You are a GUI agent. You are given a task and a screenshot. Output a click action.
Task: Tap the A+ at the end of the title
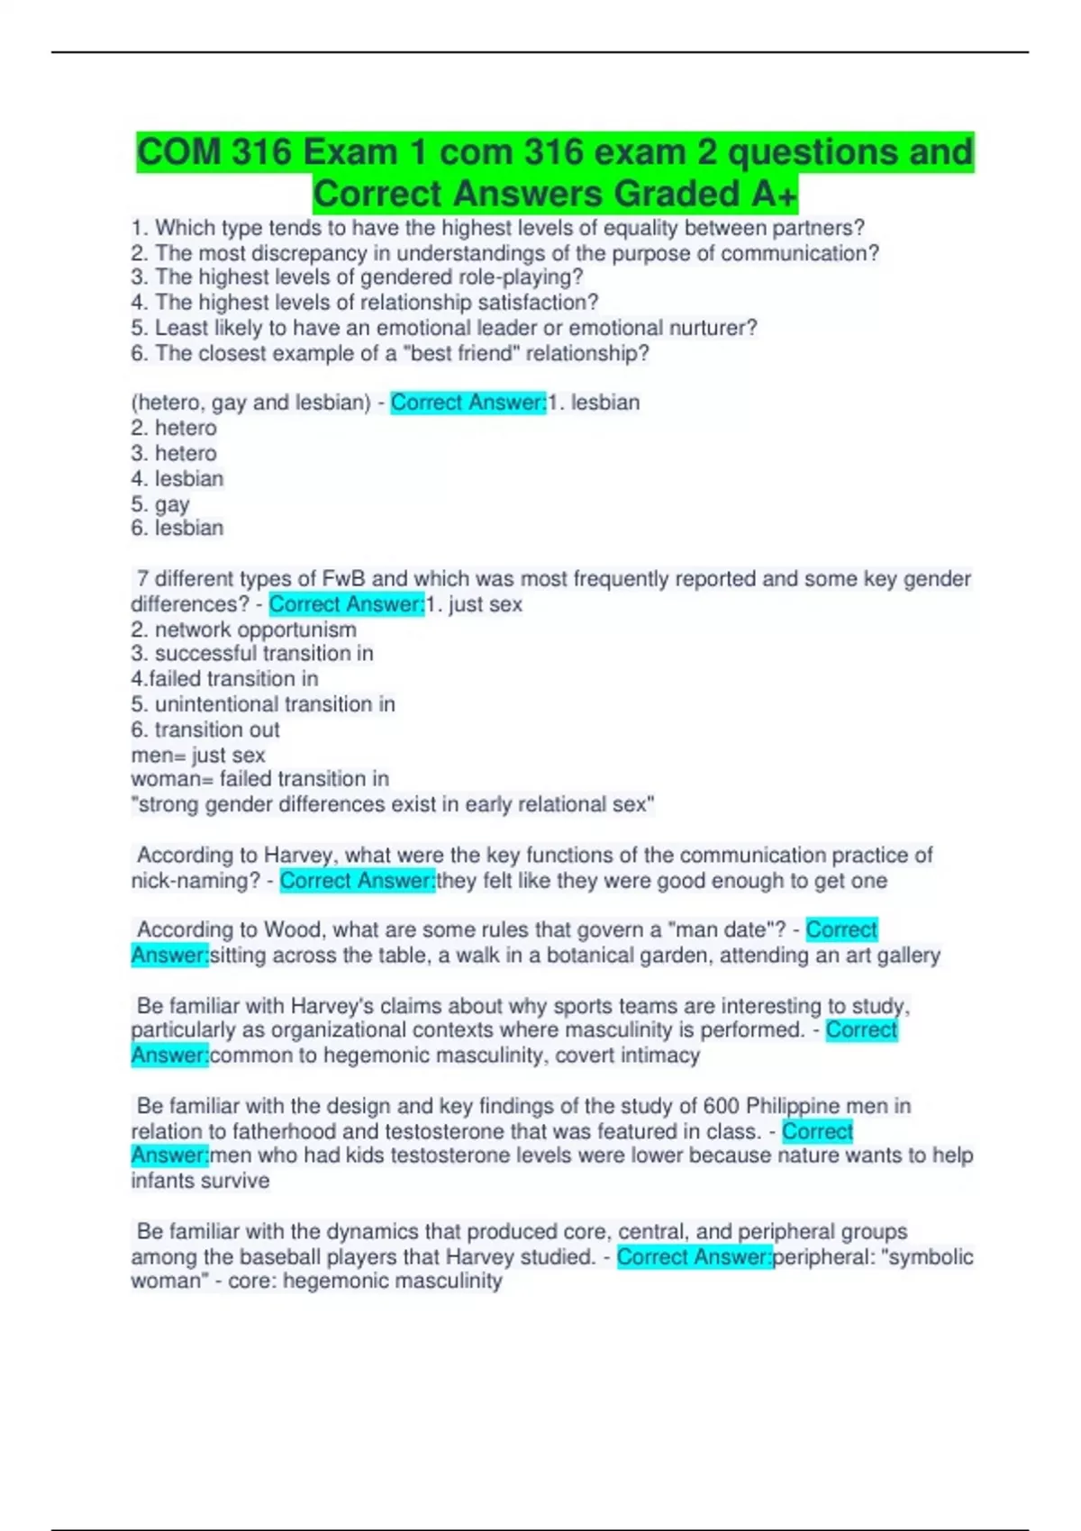click(x=771, y=194)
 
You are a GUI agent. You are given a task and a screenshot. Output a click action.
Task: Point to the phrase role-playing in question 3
click(x=527, y=277)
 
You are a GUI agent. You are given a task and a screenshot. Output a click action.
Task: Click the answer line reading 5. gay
click(x=160, y=503)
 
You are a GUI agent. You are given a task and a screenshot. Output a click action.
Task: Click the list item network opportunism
click(x=255, y=630)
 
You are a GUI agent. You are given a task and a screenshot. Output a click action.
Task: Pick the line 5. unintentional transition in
click(x=263, y=703)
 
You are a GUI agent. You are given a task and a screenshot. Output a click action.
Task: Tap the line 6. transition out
click(x=205, y=729)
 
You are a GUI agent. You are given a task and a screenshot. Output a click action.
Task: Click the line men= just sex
click(x=198, y=755)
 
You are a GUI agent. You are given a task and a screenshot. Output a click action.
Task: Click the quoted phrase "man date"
click(x=730, y=929)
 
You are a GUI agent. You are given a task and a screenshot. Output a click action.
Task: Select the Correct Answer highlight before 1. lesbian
click(x=468, y=403)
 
